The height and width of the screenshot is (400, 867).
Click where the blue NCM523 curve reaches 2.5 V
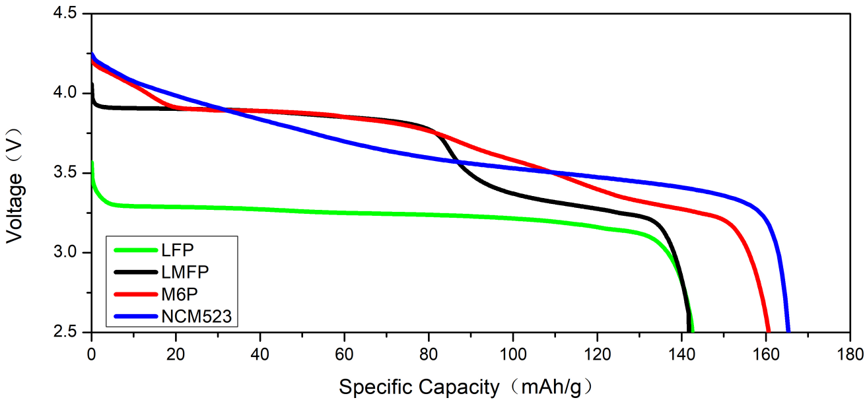click(788, 331)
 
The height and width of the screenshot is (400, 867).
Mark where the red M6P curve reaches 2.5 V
click(768, 331)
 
